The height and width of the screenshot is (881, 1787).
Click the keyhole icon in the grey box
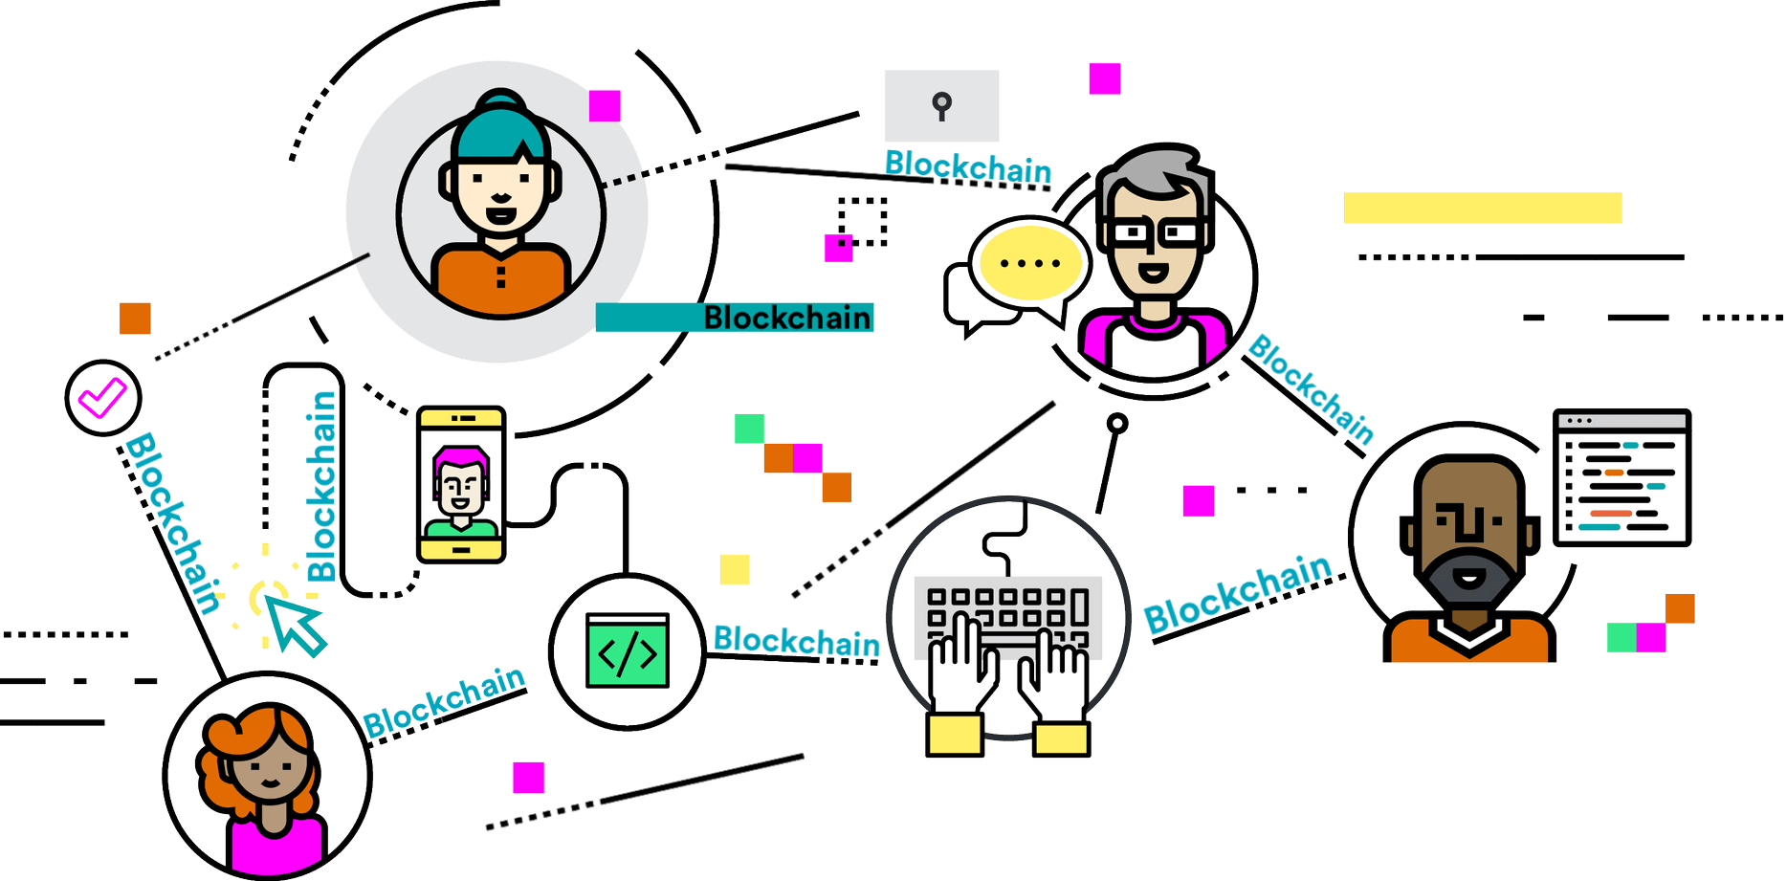click(942, 105)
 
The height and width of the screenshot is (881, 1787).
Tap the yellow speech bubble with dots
click(1030, 262)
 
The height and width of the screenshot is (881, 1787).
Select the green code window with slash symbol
click(628, 650)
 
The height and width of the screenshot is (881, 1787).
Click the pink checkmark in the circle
click(102, 396)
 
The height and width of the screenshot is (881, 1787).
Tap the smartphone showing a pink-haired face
click(461, 484)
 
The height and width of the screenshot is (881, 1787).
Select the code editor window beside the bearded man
click(1622, 477)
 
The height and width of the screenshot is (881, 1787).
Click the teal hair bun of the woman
click(501, 103)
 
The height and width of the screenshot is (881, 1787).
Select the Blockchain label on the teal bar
click(787, 318)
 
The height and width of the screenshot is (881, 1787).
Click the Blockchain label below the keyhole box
click(967, 167)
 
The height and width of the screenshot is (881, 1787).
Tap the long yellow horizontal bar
click(1482, 208)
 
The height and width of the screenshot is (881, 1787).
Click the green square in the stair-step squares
click(749, 429)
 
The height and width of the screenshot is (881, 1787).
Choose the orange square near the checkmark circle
click(136, 319)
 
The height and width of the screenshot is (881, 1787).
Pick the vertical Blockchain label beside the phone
click(321, 486)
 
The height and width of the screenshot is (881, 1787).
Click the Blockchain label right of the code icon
click(796, 641)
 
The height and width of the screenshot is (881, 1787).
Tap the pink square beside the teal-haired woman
click(605, 105)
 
